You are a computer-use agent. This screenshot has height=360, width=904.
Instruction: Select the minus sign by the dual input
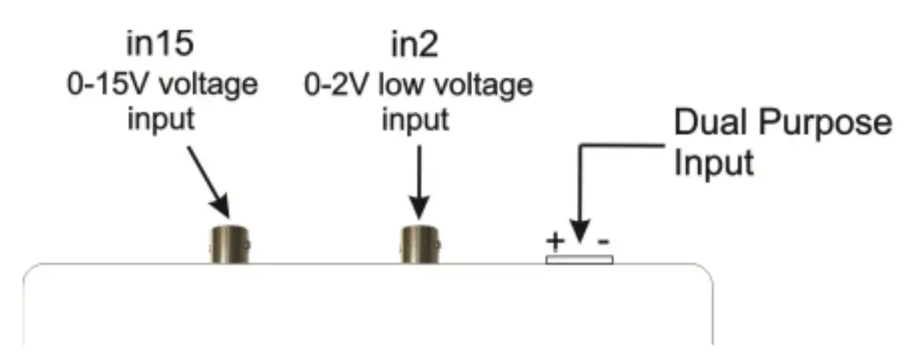point(603,241)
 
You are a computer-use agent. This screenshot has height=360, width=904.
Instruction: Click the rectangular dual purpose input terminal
point(579,259)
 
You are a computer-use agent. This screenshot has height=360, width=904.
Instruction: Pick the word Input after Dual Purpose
point(714,162)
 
